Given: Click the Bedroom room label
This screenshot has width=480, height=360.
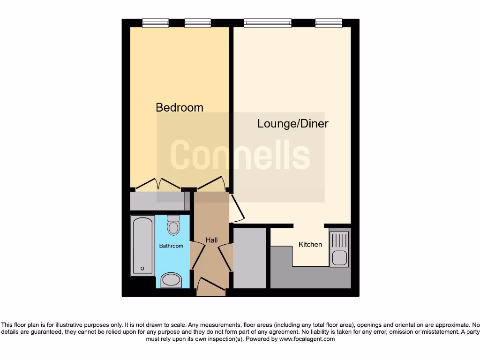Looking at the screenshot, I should point(180,107).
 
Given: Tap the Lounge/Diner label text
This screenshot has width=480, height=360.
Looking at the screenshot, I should point(292,124).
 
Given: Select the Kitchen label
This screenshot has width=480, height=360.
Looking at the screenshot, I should point(310,244).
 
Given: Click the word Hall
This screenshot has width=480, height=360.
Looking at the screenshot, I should point(211,240).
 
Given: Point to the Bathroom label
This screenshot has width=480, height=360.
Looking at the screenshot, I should point(171,246).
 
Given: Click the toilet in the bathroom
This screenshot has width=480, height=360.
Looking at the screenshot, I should point(173,225).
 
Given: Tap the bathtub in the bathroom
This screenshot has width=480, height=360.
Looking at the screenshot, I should point(142,245).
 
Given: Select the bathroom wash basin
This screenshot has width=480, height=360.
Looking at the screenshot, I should point(173,280).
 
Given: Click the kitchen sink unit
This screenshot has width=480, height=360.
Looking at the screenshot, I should point(339,249).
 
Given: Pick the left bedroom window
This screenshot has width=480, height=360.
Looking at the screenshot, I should point(155,22).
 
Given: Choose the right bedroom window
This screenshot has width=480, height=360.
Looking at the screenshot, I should point(197,22).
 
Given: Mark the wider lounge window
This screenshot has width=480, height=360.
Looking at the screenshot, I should point(268,22).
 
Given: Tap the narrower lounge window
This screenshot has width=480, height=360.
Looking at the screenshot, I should point(329,22).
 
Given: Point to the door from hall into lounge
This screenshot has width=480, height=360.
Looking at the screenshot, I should point(237,210).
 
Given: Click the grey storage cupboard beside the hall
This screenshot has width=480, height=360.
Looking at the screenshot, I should point(249,258).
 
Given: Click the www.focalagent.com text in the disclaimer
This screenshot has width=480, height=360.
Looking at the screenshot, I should point(307,339).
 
